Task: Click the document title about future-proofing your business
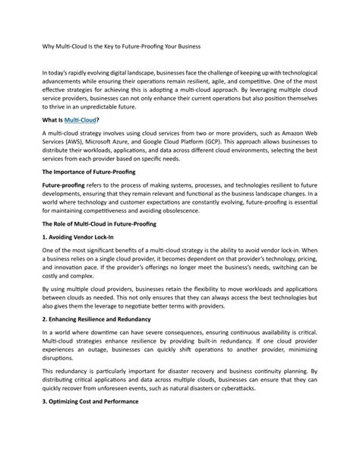(121, 47)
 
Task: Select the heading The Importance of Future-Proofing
(88, 172)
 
